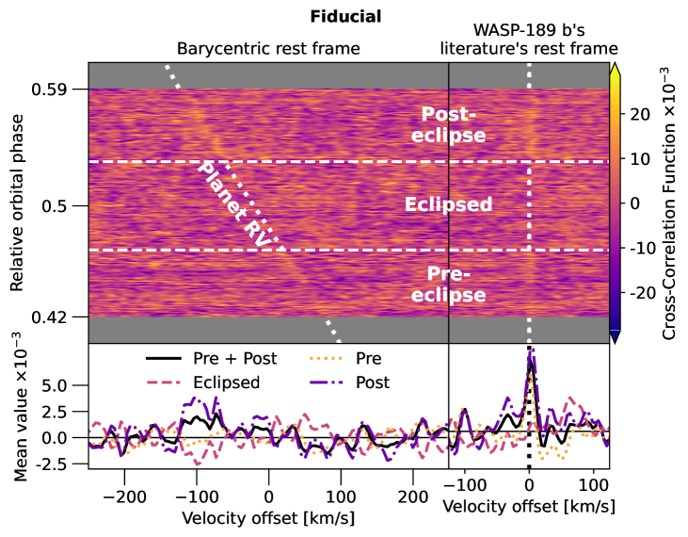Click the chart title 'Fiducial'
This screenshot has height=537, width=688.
pyautogui.click(x=345, y=17)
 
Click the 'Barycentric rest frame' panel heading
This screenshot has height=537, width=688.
pyautogui.click(x=269, y=48)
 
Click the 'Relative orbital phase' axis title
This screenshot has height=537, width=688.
pyautogui.click(x=17, y=203)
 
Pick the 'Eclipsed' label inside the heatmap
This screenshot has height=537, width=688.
pyautogui.click(x=448, y=204)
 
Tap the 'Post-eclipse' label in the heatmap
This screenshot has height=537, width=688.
pyautogui.click(x=454, y=124)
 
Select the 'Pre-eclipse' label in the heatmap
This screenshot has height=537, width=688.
pyautogui.click(x=454, y=285)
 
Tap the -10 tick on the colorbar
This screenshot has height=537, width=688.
pyautogui.click(x=639, y=249)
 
